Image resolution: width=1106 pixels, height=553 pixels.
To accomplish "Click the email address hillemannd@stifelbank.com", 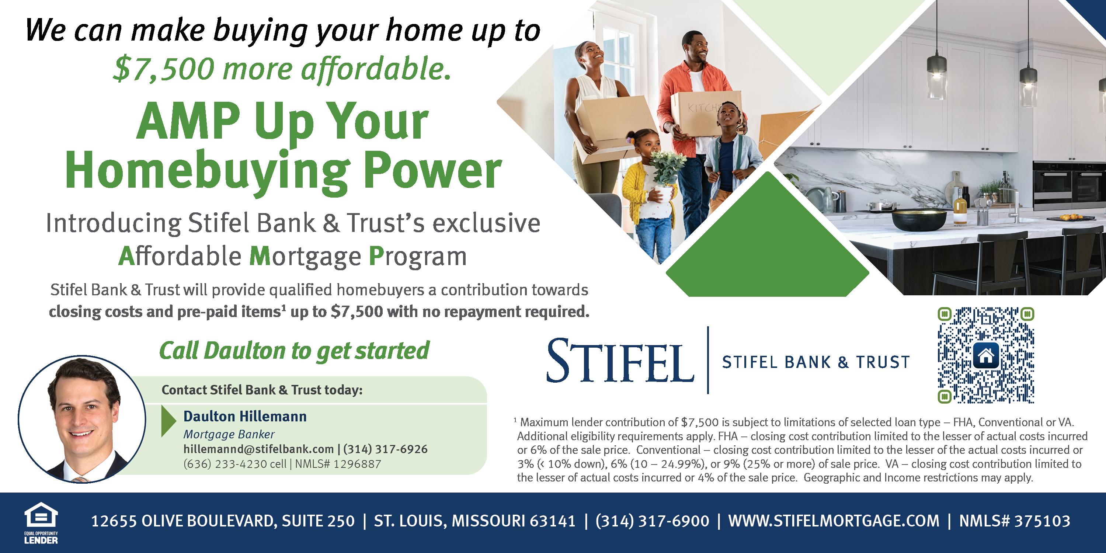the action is pyautogui.click(x=258, y=449).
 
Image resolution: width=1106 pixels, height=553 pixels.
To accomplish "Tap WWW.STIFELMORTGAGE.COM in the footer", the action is pyautogui.click(x=834, y=521).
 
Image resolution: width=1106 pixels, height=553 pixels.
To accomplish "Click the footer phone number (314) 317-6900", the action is pyautogui.click(x=652, y=521).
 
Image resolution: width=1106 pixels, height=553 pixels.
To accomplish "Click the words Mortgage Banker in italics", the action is pyautogui.click(x=229, y=435).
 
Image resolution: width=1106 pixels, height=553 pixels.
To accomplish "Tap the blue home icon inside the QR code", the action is pyautogui.click(x=986, y=355).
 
